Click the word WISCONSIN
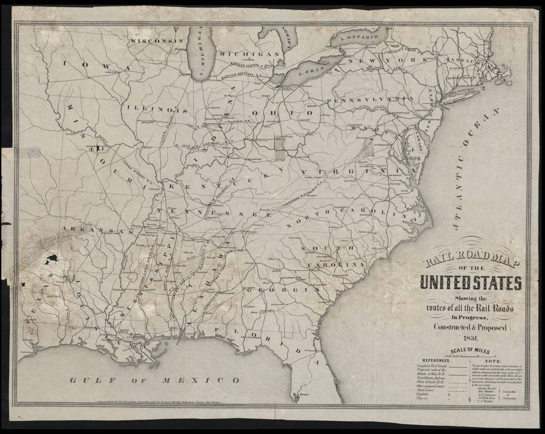156,41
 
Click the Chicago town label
186,74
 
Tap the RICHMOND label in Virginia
395,175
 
